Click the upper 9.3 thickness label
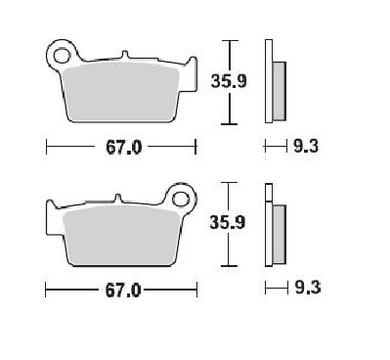pyautogui.click(x=306, y=147)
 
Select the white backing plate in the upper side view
pyautogui.click(x=267, y=83)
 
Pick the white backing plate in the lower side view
pyautogui.click(x=267, y=224)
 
